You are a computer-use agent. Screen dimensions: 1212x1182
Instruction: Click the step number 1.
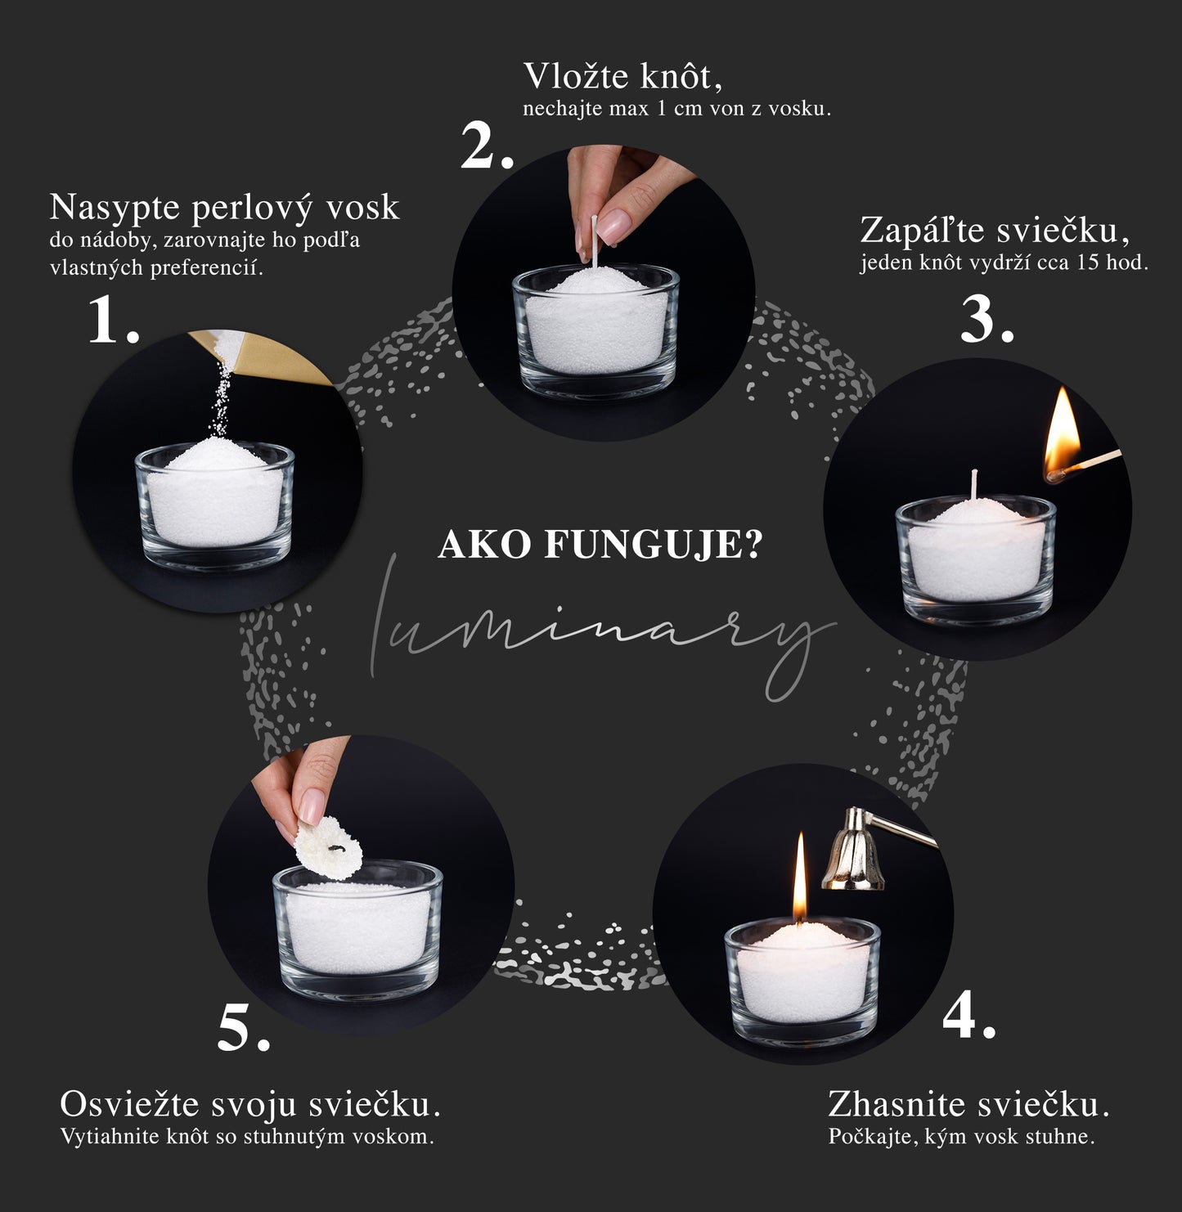(112, 320)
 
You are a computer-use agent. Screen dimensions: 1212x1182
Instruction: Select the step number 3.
(986, 320)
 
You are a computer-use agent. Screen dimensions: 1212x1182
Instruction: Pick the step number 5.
(243, 1030)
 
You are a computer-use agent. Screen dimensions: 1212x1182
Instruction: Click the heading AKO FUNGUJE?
(600, 545)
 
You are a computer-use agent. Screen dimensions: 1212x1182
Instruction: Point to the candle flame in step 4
(800, 875)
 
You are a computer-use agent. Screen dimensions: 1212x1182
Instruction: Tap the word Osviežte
(129, 1105)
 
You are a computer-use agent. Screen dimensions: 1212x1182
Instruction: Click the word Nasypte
(115, 208)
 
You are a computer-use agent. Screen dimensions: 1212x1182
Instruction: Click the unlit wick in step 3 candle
(973, 485)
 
